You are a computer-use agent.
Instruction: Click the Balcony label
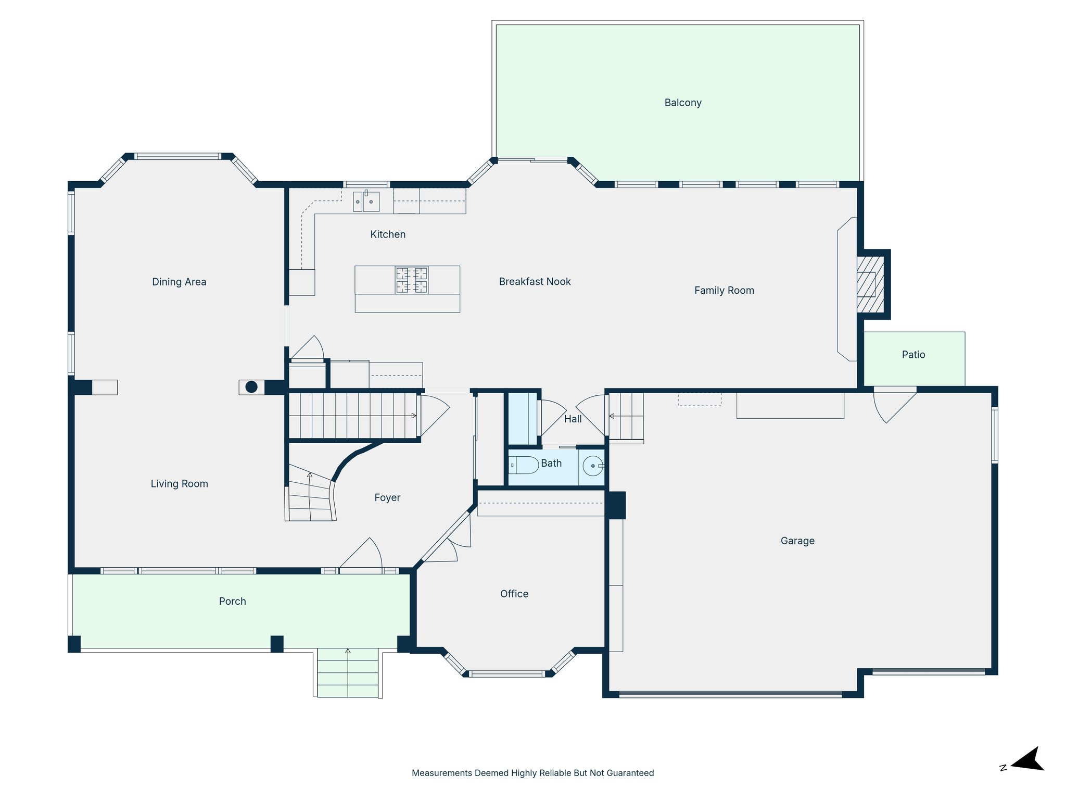(682, 103)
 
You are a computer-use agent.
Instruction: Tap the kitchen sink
(366, 202)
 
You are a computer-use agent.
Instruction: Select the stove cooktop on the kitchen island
(411, 280)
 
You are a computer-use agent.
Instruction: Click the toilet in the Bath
(524, 465)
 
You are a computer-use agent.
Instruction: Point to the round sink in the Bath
(593, 466)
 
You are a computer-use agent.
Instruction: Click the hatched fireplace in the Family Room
(870, 284)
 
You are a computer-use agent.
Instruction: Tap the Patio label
(913, 355)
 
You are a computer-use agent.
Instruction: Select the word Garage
(797, 541)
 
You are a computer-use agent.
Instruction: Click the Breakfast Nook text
(535, 282)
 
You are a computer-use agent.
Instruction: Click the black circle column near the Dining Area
(251, 387)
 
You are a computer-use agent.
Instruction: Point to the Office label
(514, 594)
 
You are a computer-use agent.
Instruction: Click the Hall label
(573, 419)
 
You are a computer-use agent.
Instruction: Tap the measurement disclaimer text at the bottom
(532, 773)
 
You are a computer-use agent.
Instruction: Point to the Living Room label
(179, 484)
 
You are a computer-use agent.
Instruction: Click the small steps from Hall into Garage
(626, 417)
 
